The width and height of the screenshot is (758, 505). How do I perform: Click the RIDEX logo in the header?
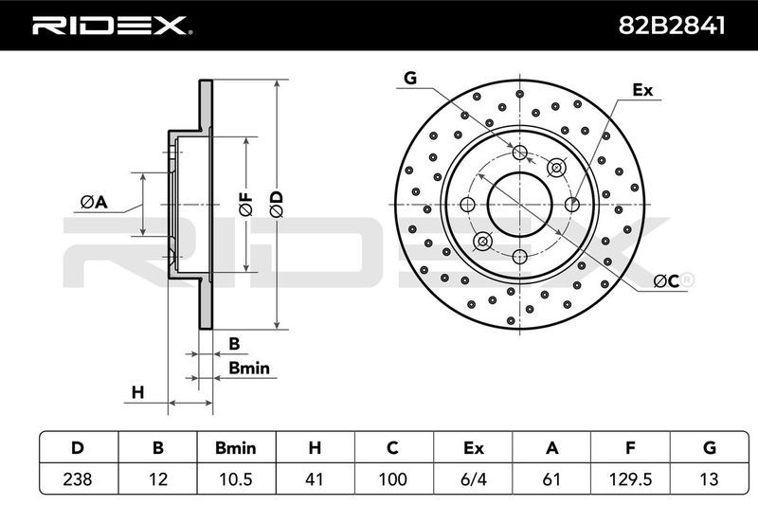tap(112, 26)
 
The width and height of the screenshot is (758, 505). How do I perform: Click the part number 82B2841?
tap(672, 26)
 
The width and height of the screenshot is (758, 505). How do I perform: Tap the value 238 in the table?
tap(78, 478)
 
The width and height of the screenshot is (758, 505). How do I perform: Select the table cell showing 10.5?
tap(236, 478)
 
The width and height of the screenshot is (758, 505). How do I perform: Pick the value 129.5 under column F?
tap(630, 478)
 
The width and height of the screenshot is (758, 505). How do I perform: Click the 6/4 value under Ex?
tap(474, 478)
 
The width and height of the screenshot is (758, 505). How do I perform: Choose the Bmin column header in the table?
tap(236, 448)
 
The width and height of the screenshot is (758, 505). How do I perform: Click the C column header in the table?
tap(392, 448)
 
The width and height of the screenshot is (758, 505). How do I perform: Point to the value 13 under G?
tap(709, 478)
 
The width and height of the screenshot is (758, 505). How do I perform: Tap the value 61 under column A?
tap(551, 478)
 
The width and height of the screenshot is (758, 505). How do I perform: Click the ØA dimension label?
tap(94, 202)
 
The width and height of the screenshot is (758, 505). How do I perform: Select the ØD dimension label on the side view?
tap(277, 205)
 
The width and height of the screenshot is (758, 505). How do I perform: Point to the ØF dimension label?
tap(246, 204)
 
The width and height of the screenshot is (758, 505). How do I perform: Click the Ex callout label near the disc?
tap(642, 90)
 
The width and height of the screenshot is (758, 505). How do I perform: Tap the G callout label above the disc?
tap(410, 78)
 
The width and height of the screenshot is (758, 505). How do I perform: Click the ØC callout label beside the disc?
tap(667, 280)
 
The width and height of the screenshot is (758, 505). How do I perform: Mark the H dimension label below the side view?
tap(137, 392)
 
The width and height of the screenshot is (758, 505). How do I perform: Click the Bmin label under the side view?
tap(249, 369)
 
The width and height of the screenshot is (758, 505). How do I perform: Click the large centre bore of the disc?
tap(519, 204)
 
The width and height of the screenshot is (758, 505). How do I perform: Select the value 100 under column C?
tap(392, 478)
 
